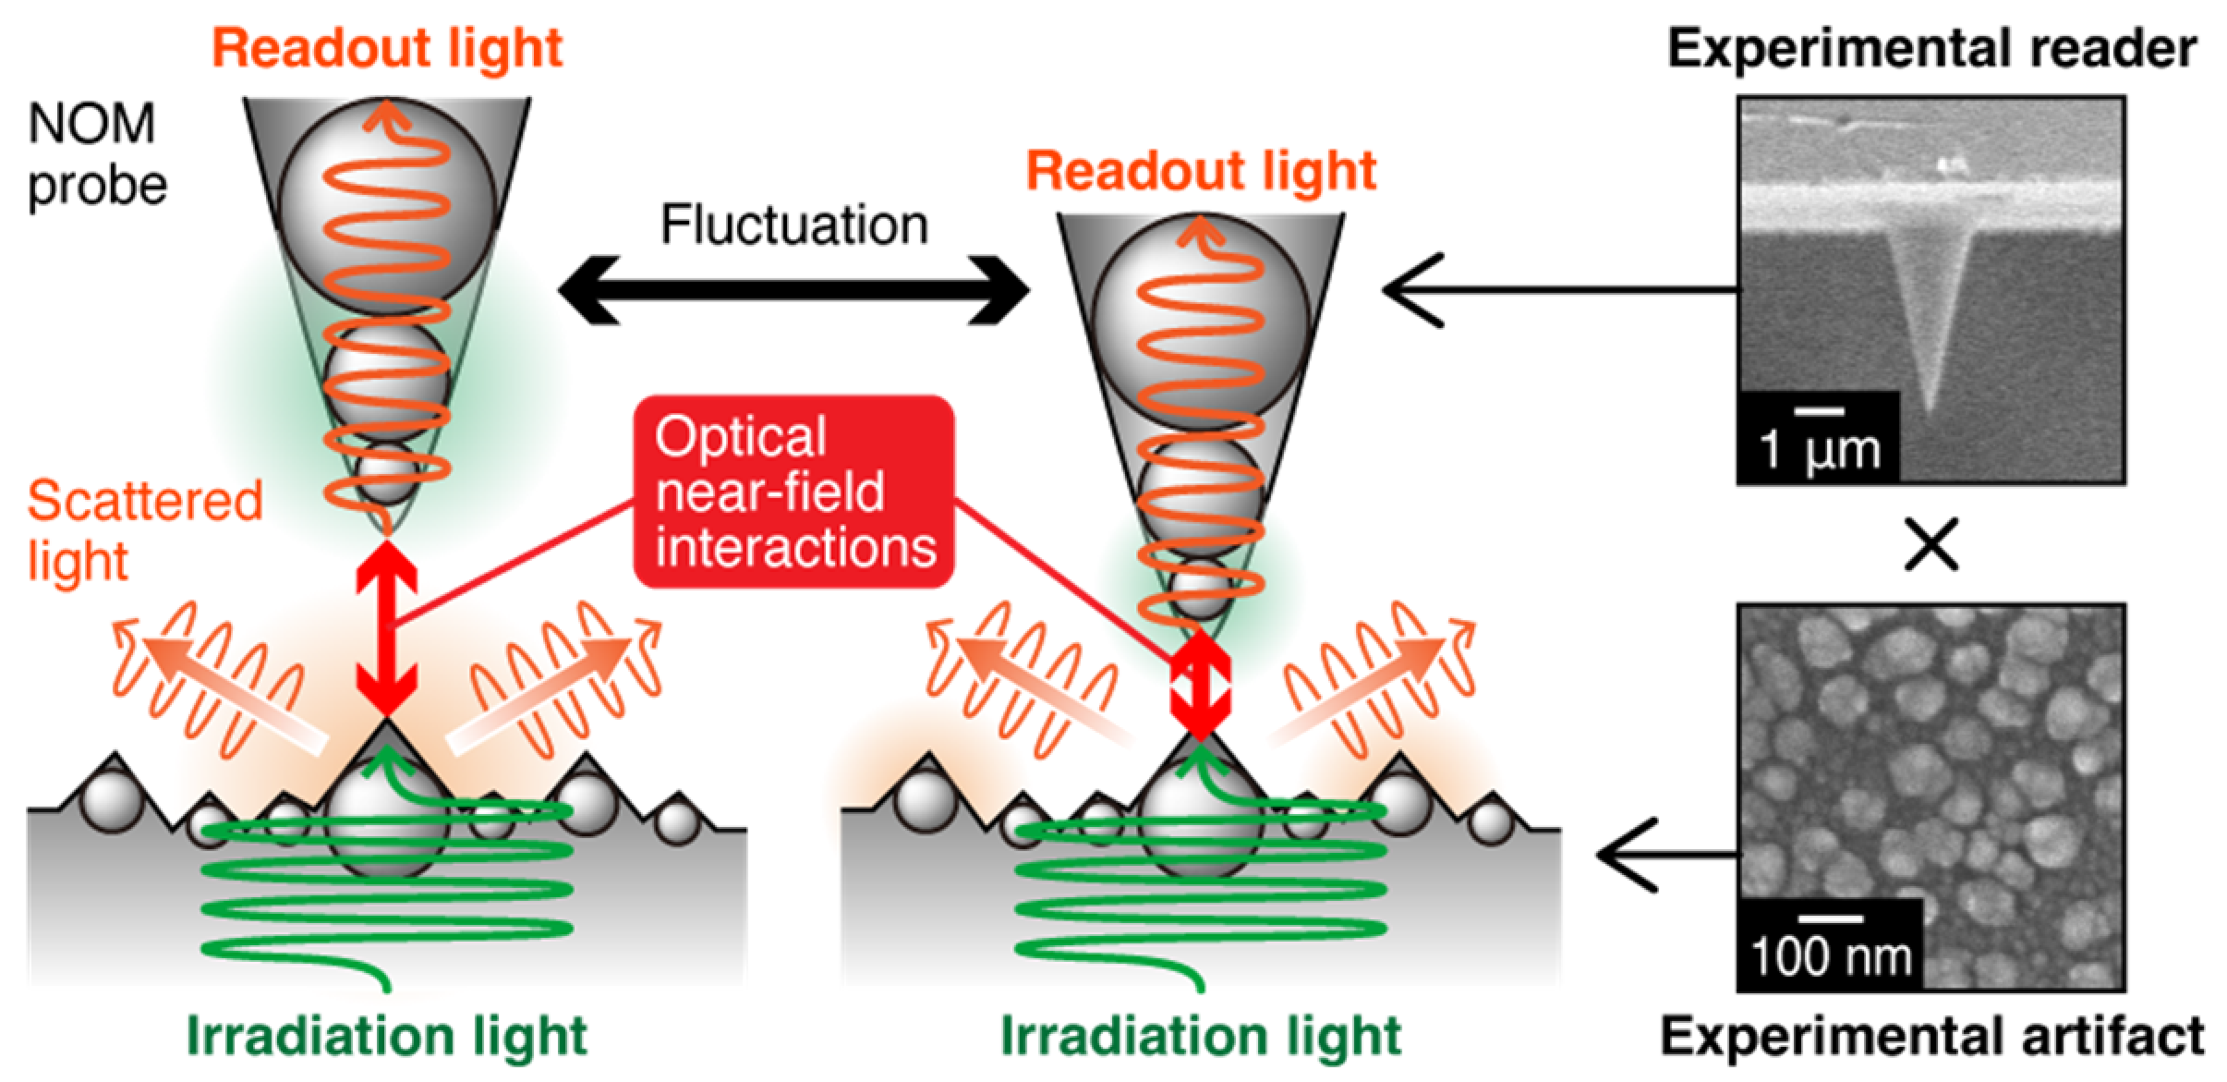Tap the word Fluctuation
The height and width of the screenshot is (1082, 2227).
(793, 225)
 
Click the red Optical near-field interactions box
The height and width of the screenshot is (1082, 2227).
(793, 492)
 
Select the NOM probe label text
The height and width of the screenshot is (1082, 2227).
(96, 154)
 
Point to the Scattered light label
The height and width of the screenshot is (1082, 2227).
(143, 530)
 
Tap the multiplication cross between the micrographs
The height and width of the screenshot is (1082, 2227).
(1930, 545)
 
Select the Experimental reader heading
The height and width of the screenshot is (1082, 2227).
(1930, 48)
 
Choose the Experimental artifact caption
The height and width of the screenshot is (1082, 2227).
(1930, 1035)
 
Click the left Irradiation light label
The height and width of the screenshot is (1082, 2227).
(386, 1035)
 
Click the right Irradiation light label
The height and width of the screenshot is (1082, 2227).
(1200, 1035)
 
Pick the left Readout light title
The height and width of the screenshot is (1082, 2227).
(386, 48)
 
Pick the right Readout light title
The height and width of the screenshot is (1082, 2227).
(1200, 172)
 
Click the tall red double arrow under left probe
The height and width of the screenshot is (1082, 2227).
(386, 628)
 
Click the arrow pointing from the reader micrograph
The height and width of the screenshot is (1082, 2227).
(1552, 290)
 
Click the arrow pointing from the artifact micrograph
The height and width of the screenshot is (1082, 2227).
(1663, 855)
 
